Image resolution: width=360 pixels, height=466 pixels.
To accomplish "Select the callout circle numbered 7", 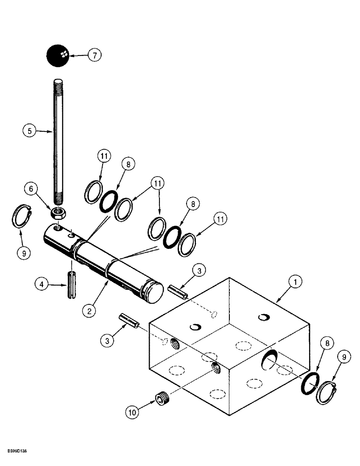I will (x=95, y=55).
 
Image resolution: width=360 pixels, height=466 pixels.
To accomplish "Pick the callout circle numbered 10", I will (x=132, y=411).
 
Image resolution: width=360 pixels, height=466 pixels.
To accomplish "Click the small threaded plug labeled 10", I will (x=161, y=399).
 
